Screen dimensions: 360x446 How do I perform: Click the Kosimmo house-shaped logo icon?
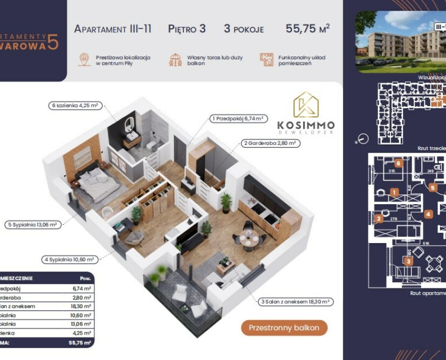point(305,106)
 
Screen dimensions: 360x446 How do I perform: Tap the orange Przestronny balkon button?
point(284,328)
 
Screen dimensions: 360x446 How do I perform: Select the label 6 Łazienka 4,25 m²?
point(75,106)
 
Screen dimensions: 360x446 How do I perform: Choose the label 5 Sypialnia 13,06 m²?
point(33,224)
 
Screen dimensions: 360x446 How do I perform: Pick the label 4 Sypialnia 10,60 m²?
point(70,260)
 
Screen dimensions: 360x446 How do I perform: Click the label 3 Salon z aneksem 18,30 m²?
point(295,302)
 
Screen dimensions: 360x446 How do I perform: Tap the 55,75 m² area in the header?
point(307,29)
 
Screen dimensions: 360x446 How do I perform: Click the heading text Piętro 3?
point(187,29)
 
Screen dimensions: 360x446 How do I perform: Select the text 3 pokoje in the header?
point(244,29)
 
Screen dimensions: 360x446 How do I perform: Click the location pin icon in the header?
point(84,60)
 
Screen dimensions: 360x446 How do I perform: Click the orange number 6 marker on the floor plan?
point(398,163)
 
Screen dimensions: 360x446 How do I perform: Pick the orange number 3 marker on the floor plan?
point(409,262)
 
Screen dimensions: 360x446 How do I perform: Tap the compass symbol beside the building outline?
point(363,139)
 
